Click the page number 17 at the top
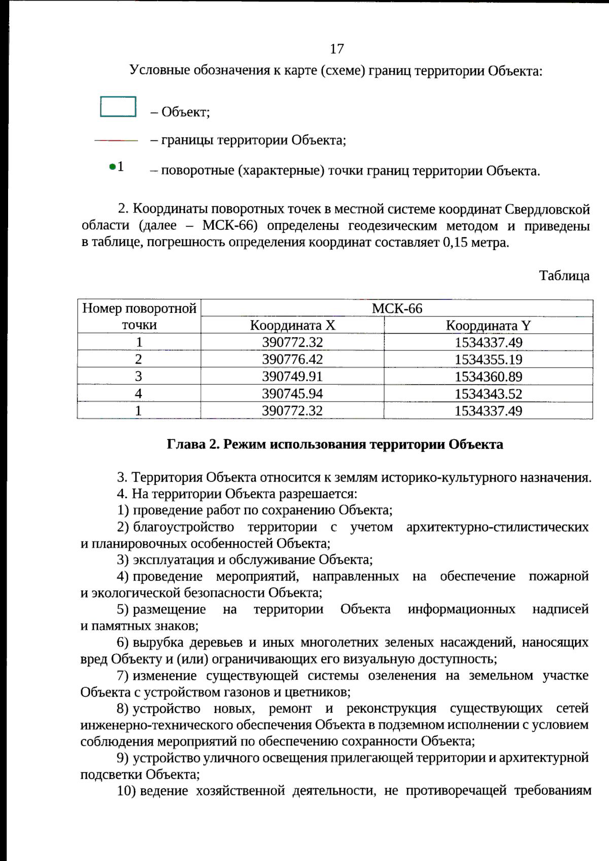(337, 49)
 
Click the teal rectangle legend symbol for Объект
(118, 106)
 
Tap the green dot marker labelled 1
(112, 167)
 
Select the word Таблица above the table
(564, 276)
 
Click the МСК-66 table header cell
(397, 308)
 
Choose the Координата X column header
(292, 325)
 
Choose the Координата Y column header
(488, 325)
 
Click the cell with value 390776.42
(292, 360)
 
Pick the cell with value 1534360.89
(488, 377)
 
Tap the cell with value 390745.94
(292, 393)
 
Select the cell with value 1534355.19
(488, 360)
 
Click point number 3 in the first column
(139, 377)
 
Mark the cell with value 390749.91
(292, 377)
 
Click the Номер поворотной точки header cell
(139, 316)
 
